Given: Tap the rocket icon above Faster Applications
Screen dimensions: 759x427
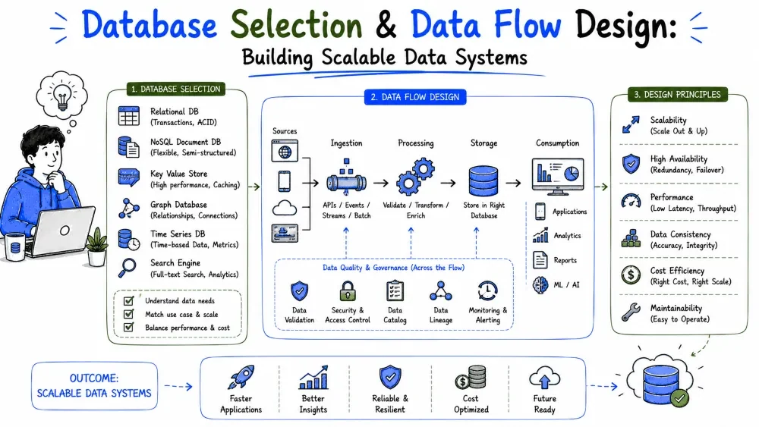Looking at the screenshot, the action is tap(241, 377).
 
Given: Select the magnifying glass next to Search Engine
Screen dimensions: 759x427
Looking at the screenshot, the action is tap(128, 268).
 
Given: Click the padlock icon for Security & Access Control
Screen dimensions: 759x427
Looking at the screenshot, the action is tap(348, 291).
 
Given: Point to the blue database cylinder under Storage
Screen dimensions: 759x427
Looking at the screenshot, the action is tap(483, 181).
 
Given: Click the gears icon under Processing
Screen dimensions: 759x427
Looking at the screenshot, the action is tap(415, 176).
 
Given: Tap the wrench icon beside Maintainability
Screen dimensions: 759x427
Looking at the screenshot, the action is tap(631, 312).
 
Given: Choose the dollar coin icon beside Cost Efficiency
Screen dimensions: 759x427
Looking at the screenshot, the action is tap(631, 275).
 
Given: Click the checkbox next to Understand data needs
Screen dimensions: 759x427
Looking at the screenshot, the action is tap(129, 301).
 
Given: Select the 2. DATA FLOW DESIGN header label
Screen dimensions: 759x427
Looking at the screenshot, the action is tap(415, 97).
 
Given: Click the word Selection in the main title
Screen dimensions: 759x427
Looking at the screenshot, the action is tap(296, 25).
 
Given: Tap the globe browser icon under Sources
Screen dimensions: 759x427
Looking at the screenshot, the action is tap(285, 151).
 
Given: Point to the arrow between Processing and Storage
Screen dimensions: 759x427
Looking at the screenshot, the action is tap(449, 183).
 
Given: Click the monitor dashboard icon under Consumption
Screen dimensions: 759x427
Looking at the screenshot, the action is tap(558, 176).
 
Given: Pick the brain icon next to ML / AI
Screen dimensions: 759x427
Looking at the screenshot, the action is tap(540, 285).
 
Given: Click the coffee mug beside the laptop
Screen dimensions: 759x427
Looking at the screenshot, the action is tap(15, 246).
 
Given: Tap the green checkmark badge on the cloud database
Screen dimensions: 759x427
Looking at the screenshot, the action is tap(679, 398).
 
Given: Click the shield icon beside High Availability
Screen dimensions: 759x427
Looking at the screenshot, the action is tap(631, 164).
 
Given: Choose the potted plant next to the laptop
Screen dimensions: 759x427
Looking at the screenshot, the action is tap(96, 246).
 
